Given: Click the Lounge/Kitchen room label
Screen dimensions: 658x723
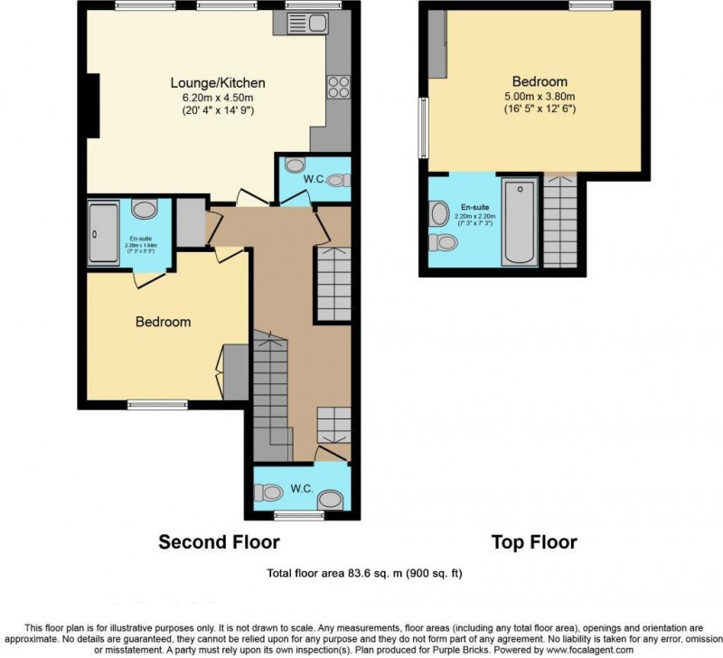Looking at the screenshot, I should (218, 83).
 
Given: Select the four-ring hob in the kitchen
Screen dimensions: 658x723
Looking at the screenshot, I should (338, 88).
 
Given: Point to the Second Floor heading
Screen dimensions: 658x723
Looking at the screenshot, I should (219, 542).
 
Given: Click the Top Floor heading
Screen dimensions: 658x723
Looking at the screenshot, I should (533, 542).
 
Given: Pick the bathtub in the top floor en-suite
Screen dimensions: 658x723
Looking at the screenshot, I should (519, 221).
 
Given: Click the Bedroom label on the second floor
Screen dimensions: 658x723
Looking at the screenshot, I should (164, 322).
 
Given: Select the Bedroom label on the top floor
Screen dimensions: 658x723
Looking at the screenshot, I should (539, 80).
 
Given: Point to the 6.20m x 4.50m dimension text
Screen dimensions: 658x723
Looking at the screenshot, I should (218, 98).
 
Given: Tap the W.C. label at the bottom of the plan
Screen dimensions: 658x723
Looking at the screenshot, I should (301, 489).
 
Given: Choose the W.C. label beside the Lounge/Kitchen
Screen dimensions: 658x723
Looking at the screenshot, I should (315, 179).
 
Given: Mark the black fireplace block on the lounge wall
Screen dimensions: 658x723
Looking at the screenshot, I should (92, 106).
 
